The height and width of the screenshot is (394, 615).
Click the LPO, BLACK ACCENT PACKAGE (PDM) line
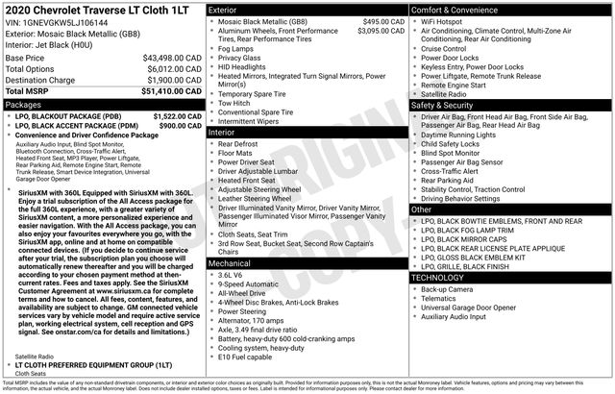click(70, 125)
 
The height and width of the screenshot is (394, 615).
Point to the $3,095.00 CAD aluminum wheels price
click(377, 31)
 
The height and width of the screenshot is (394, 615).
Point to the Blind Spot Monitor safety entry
click(451, 153)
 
